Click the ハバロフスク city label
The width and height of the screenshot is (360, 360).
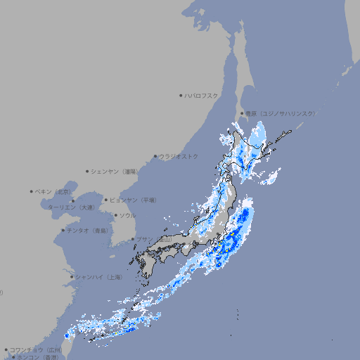(x=202, y=95)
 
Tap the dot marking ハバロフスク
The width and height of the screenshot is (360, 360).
(x=181, y=95)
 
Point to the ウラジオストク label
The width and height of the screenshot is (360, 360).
(x=179, y=156)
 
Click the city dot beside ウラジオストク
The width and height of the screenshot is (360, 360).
(x=155, y=156)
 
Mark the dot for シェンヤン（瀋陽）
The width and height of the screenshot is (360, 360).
(x=87, y=171)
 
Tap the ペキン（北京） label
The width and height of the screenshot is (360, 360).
(x=54, y=191)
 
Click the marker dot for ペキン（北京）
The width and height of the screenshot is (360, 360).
(x=32, y=191)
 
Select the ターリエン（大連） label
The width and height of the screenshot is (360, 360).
(x=70, y=207)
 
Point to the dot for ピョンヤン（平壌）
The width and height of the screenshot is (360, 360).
(x=106, y=200)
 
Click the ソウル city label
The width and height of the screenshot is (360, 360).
(x=127, y=215)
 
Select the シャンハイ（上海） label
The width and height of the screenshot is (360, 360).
(x=98, y=277)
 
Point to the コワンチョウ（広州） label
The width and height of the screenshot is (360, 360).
(x=36, y=349)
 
